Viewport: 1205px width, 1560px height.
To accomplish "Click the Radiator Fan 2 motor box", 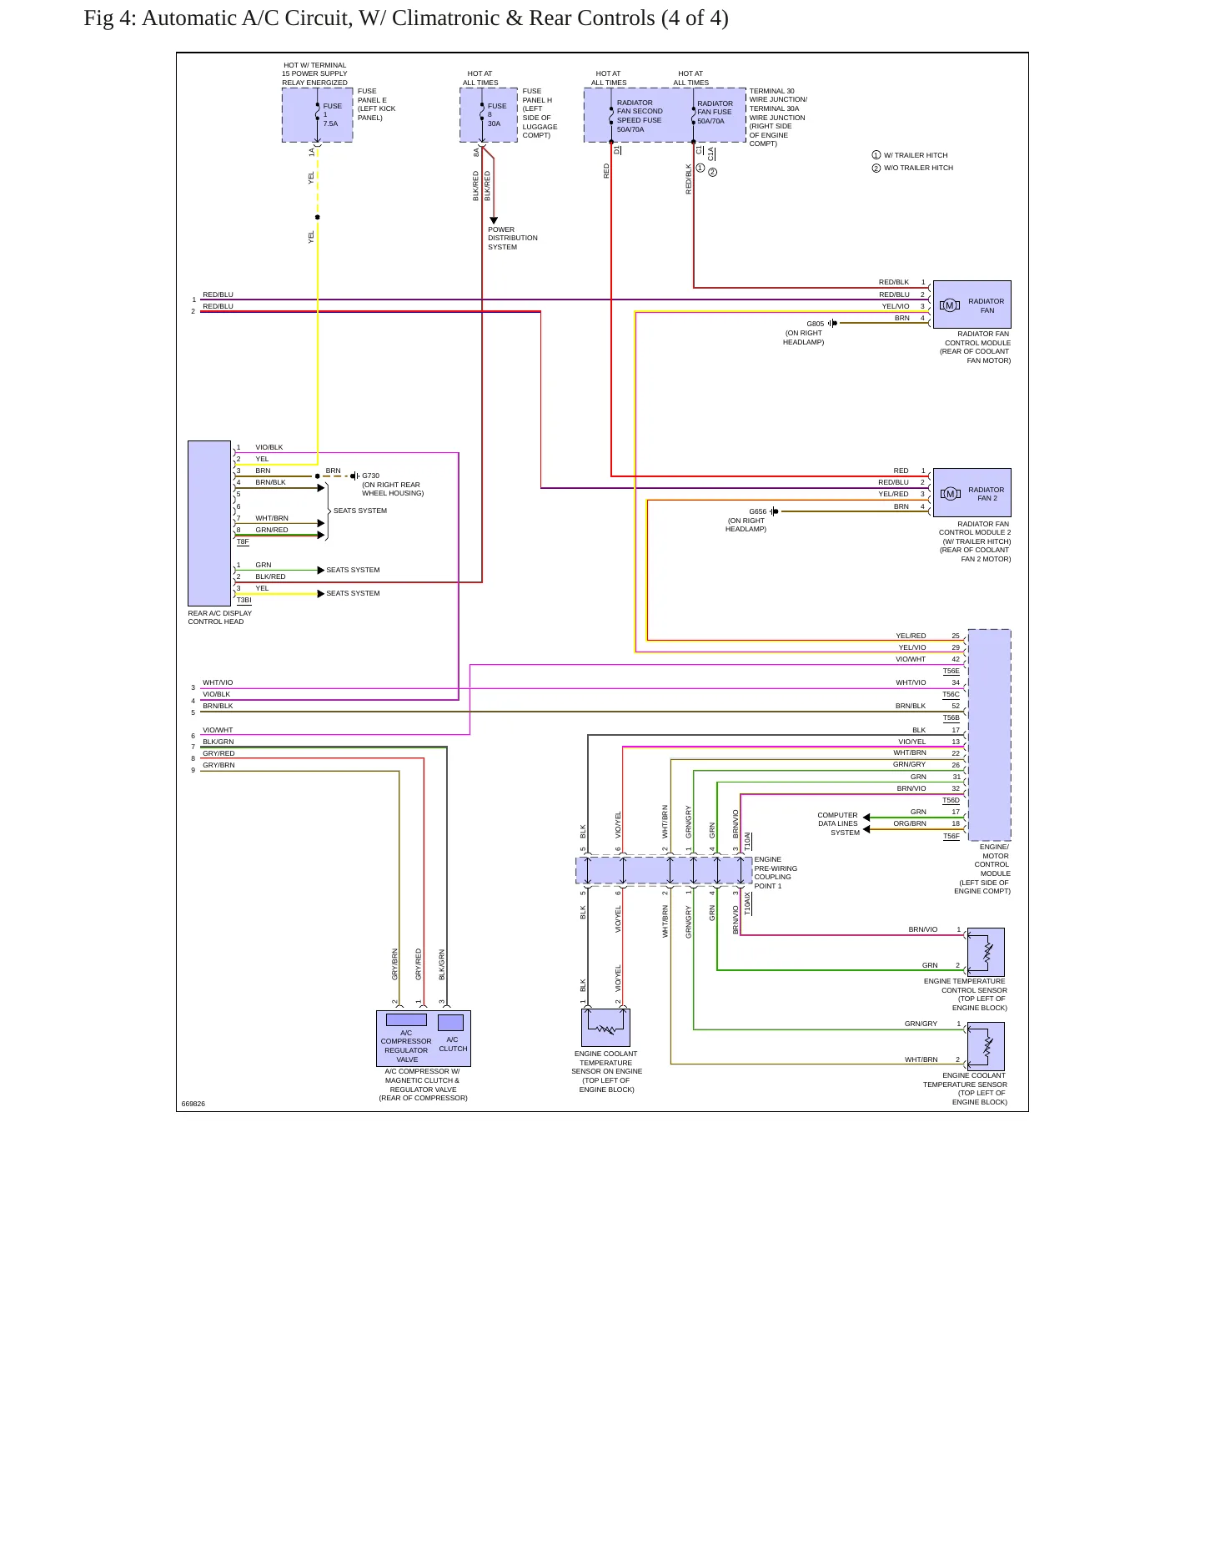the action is click(972, 492).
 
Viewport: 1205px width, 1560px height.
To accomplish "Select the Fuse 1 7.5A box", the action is click(317, 115).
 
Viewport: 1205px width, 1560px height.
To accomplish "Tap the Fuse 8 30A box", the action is click(489, 115).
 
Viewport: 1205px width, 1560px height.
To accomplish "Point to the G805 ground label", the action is click(815, 324).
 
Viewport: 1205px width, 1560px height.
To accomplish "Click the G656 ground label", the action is click(757, 511).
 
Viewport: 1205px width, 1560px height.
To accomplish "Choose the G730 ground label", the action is click(370, 476).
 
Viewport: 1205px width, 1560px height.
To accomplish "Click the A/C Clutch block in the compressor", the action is click(451, 1023).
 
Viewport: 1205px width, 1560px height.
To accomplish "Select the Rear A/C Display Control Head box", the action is click(209, 523).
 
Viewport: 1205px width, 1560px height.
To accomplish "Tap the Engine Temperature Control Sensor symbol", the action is click(986, 952).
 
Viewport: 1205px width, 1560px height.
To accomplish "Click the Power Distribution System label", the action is click(512, 238).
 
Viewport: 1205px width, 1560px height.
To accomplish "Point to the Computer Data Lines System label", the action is click(838, 823).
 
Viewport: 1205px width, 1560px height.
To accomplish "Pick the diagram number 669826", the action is click(193, 1104).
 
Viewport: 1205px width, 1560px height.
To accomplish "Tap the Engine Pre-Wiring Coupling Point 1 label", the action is click(776, 873).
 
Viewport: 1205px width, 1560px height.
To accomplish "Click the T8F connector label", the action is click(243, 541).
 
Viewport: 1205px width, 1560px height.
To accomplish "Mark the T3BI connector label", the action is click(244, 600).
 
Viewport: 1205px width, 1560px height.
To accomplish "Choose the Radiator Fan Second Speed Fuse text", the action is click(640, 116).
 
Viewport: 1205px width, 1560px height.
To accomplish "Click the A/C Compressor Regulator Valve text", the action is click(406, 1046).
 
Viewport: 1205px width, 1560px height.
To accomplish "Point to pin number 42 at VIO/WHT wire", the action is click(956, 659).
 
